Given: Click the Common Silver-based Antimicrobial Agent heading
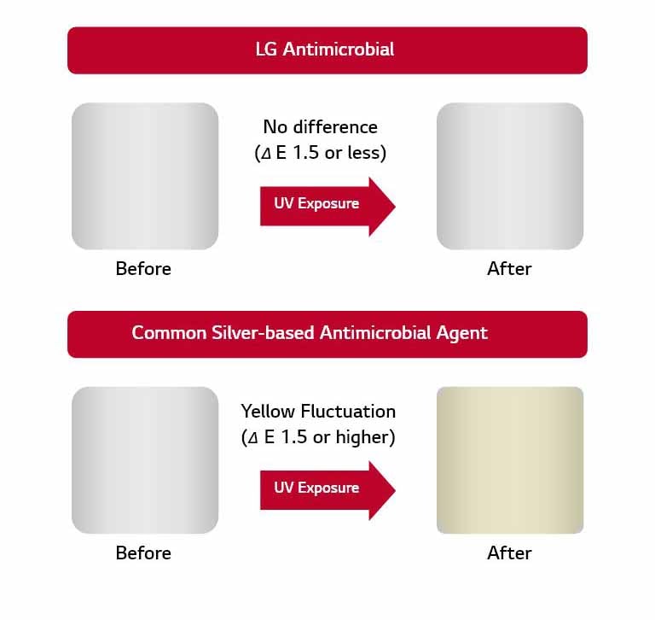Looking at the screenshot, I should pos(310,333).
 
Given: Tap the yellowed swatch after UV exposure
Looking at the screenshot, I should pos(510,460).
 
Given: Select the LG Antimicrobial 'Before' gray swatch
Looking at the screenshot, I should pos(145,176).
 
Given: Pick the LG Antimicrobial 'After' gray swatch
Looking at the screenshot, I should pos(510,176).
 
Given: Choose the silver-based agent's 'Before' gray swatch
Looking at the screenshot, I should pos(145,460).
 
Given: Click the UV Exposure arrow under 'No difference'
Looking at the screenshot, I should pos(327,204).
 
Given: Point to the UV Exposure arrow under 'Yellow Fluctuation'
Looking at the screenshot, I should pos(327,488).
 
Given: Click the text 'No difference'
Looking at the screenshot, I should pos(320,127).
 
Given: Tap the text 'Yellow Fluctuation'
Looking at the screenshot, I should pos(318,412).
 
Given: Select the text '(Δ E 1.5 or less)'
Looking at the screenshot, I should pos(320,154).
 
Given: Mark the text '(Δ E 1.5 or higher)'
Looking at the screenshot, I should pos(318,438).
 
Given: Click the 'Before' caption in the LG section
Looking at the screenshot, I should pos(143,269).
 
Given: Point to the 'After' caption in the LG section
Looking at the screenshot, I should pos(509,269).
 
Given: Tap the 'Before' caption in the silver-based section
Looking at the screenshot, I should pos(143,553).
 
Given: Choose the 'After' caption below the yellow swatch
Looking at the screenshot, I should pos(509,553).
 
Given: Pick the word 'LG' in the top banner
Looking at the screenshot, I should pos(267,50).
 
